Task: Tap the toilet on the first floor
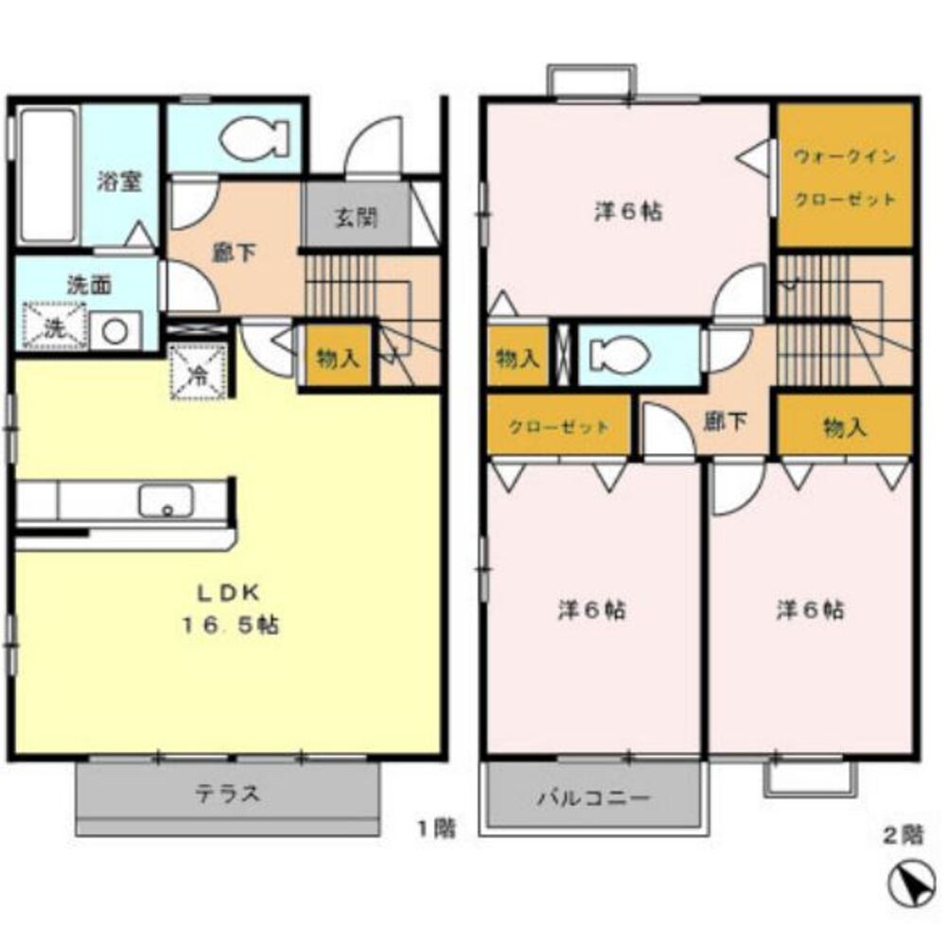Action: [x=254, y=138]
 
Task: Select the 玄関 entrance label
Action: [x=357, y=218]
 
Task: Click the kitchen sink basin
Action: [x=166, y=500]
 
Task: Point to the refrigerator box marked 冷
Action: [x=198, y=372]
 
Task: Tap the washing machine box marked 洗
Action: [x=54, y=325]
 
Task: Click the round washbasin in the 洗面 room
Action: [x=114, y=330]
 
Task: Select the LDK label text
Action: [x=229, y=594]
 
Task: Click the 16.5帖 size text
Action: [x=231, y=625]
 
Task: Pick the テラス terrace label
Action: [x=228, y=794]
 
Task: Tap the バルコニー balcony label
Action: [x=594, y=798]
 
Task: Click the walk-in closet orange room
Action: [x=844, y=175]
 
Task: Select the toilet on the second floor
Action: [x=619, y=354]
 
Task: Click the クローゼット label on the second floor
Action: [x=559, y=428]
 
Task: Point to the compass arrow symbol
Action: [x=908, y=885]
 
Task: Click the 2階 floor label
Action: [x=903, y=835]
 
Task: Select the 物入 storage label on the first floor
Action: [x=338, y=359]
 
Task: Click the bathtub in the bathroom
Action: [x=47, y=175]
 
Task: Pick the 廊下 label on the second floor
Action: [x=726, y=421]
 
